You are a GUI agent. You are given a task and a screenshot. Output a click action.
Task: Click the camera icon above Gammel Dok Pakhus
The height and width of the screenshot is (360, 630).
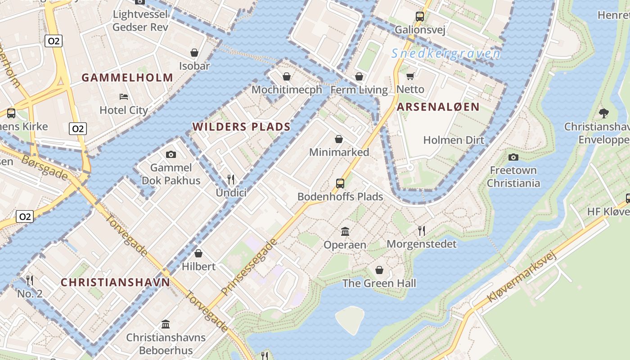[x=171, y=155]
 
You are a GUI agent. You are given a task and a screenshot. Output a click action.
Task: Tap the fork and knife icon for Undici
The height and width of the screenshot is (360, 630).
[x=231, y=180]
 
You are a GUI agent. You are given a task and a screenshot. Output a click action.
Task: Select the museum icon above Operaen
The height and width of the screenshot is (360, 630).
[x=345, y=231]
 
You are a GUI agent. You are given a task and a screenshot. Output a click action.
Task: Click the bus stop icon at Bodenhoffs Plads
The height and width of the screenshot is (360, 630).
[x=340, y=184]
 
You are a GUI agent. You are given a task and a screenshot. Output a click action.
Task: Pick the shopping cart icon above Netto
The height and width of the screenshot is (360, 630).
[x=410, y=76]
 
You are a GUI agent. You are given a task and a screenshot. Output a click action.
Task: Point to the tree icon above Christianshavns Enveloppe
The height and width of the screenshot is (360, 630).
[x=604, y=113]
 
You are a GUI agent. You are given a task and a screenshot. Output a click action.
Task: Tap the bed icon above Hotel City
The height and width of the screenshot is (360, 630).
[x=124, y=97]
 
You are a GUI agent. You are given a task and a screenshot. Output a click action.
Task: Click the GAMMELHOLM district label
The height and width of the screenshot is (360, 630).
[x=127, y=77]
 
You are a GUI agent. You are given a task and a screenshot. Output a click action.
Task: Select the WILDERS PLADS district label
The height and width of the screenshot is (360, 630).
[x=242, y=127]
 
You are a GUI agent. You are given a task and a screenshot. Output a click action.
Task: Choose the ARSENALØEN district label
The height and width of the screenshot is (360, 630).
[x=438, y=107]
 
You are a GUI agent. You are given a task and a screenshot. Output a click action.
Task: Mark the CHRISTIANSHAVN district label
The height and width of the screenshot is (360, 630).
[x=116, y=283]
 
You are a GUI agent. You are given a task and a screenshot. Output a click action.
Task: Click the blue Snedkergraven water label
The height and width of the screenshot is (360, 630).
[x=445, y=54]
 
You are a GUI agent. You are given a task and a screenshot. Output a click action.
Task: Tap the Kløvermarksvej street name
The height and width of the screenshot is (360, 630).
[x=522, y=277]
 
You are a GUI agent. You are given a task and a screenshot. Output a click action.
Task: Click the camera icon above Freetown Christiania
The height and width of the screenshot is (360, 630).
[x=513, y=157]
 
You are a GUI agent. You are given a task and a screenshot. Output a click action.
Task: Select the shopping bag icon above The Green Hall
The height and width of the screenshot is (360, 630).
[x=379, y=270]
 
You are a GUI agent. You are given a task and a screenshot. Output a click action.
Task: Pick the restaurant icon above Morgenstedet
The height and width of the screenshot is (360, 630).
[x=422, y=231]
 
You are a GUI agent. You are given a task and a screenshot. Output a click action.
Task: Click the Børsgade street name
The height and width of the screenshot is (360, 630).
[x=45, y=167]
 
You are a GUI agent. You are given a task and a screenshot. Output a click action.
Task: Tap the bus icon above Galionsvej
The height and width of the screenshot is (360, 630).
[x=420, y=17]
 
